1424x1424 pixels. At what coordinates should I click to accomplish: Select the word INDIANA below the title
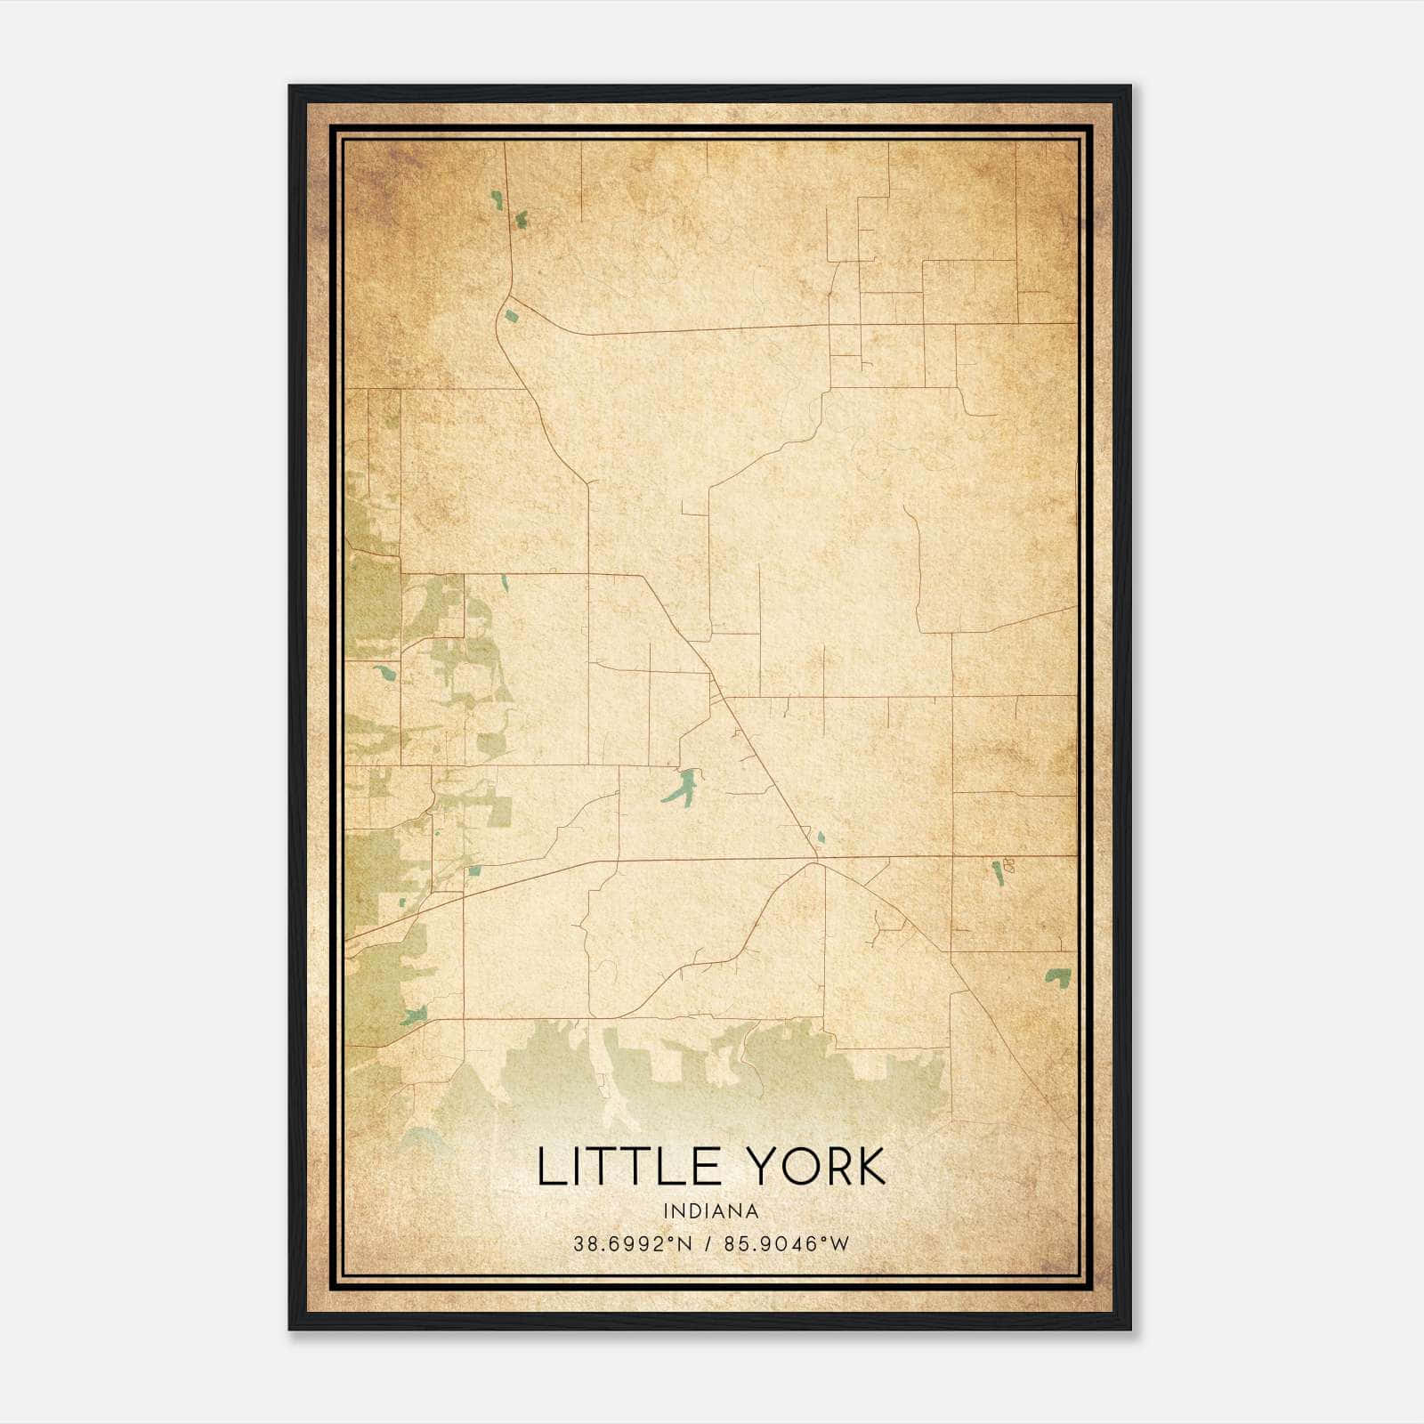[711, 1211]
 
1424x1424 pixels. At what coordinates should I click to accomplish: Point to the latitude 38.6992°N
[633, 1243]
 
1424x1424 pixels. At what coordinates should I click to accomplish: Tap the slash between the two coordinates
[708, 1243]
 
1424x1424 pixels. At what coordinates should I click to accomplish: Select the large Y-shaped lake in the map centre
[683, 785]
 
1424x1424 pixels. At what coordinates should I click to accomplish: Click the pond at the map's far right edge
[1058, 976]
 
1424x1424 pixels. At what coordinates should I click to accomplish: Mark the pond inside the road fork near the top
[512, 314]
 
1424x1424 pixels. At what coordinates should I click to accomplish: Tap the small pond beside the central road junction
[820, 837]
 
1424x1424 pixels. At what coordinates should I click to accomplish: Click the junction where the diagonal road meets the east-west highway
[816, 861]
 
